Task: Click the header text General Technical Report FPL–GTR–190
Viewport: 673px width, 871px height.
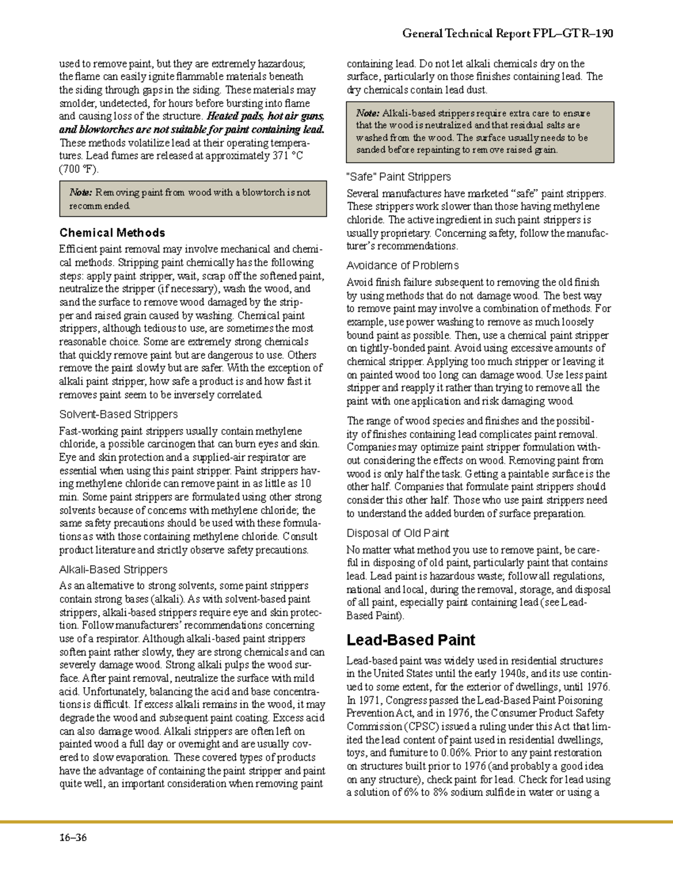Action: pyautogui.click(x=507, y=34)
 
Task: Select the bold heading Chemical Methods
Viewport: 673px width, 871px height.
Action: pyautogui.click(x=112, y=233)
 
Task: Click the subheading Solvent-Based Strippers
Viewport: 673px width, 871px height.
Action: pyautogui.click(x=118, y=414)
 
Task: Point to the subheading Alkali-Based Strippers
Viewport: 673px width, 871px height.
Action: pyautogui.click(x=113, y=569)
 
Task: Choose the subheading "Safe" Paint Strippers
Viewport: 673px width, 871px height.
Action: pyautogui.click(x=399, y=177)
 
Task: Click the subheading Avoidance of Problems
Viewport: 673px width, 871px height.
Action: pyautogui.click(x=403, y=265)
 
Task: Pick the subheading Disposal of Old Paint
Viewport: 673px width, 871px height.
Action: pyautogui.click(x=398, y=533)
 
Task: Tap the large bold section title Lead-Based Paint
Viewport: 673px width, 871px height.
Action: pyautogui.click(x=411, y=640)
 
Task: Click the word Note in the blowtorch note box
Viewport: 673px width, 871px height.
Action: pyautogui.click(x=81, y=192)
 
